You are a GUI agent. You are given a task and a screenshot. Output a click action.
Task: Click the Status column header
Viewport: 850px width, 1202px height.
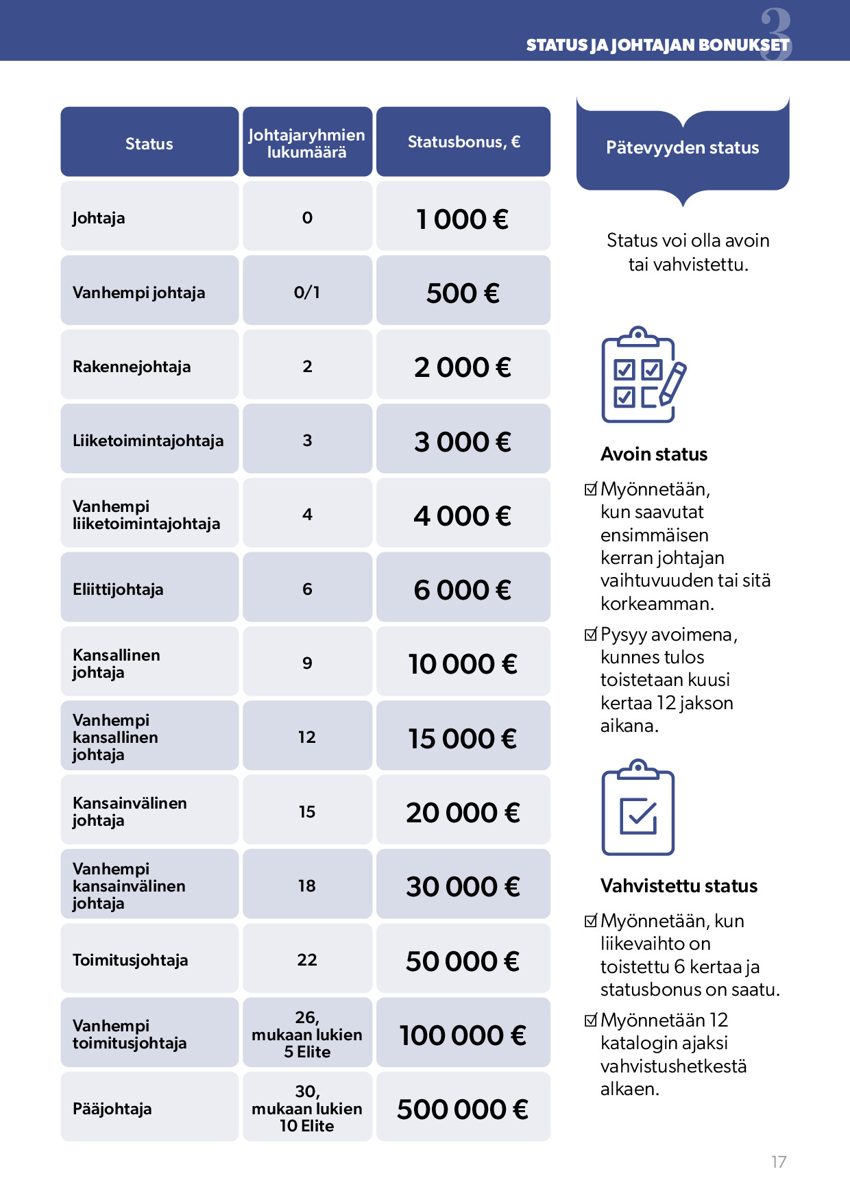pos(149,143)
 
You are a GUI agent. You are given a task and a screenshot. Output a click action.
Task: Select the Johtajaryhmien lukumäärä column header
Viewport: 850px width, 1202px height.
pos(306,143)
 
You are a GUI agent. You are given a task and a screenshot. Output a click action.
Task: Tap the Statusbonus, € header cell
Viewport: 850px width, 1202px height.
pos(463,142)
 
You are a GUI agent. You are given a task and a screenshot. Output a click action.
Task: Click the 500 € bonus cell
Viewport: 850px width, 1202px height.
pos(463,293)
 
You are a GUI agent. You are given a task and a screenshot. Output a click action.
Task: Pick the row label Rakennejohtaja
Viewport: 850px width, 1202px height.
pos(132,367)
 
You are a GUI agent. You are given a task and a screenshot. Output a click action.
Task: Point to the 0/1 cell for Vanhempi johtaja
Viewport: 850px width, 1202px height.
pos(306,293)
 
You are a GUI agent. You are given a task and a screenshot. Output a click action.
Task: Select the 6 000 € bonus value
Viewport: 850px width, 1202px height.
pos(463,590)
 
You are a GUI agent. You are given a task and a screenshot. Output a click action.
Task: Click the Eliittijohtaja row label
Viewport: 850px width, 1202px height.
pos(118,589)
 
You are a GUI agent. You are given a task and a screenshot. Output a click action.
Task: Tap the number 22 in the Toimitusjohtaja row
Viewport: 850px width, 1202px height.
pos(306,960)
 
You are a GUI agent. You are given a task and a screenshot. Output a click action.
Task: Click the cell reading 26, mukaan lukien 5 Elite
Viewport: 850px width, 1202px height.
pos(306,1034)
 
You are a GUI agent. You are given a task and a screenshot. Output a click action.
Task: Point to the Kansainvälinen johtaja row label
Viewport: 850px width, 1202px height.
pos(130,811)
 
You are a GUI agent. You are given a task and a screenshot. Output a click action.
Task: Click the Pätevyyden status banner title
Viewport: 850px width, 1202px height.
pos(682,147)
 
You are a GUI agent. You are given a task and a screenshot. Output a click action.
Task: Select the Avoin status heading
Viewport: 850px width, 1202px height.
pos(654,454)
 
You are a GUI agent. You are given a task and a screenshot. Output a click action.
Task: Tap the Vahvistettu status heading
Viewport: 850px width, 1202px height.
pos(679,886)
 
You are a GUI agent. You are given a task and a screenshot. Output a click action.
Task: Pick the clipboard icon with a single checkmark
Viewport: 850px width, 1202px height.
pos(637,809)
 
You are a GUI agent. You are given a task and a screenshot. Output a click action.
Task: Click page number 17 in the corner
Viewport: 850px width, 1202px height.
pos(778,1162)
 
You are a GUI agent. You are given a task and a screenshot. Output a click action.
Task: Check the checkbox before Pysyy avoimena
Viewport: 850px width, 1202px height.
pos(590,635)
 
